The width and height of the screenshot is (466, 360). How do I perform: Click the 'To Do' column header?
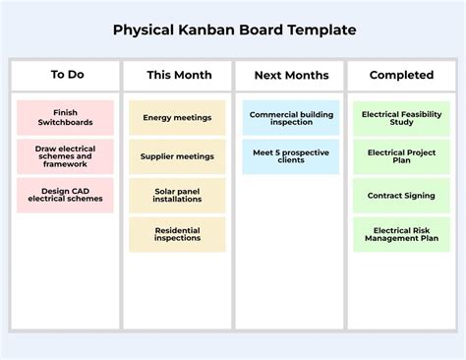click(67, 75)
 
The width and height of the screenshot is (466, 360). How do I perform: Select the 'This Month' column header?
click(179, 75)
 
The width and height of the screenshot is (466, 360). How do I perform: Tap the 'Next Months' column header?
click(291, 75)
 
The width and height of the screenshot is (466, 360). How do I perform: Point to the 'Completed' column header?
click(401, 75)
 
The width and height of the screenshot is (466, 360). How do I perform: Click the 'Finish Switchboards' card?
click(65, 117)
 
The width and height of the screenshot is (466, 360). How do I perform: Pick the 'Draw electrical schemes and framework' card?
click(65, 156)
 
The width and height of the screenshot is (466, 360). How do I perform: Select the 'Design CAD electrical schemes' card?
click(65, 195)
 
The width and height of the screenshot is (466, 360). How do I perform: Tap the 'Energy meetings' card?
click(177, 117)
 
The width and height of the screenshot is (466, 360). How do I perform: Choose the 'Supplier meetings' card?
click(177, 156)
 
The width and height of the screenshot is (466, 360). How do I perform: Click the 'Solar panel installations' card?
click(177, 196)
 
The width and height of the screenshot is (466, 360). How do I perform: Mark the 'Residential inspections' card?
click(177, 234)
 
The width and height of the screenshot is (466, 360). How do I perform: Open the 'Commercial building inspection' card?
click(291, 118)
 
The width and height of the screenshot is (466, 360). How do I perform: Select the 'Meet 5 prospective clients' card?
click(291, 156)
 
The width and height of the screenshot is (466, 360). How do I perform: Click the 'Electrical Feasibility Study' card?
click(401, 118)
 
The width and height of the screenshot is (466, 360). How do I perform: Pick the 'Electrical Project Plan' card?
click(401, 156)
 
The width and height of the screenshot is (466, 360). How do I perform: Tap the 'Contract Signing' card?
click(401, 196)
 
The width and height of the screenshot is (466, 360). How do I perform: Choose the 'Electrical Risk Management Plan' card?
click(401, 234)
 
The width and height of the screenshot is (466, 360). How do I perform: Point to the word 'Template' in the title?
click(321, 30)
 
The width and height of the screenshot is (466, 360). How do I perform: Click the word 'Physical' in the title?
click(144, 30)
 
